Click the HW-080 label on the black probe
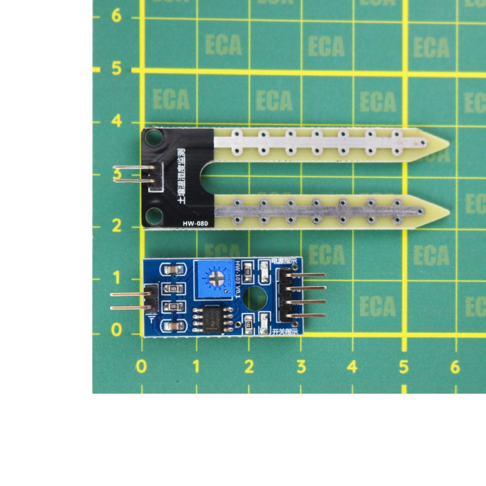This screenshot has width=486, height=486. click(195, 224)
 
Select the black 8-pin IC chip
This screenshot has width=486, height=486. click(210, 318)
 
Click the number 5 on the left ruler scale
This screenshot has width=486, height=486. click(117, 69)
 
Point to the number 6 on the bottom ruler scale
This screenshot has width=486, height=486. click(456, 367)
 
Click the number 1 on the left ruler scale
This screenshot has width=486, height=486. click(117, 278)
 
